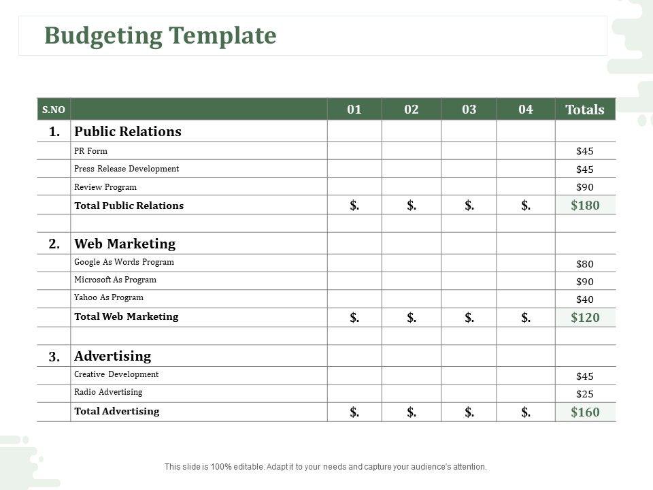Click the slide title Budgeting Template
[161, 35]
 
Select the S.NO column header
[53, 110]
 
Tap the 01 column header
[354, 110]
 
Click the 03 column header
[469, 110]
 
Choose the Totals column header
[585, 110]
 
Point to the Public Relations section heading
[128, 131]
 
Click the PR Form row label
[90, 151]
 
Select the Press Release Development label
[127, 169]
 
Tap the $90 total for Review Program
[585, 187]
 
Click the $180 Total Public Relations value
[585, 205]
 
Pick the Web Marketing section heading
[124, 244]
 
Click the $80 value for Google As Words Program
[585, 264]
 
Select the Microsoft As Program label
[115, 280]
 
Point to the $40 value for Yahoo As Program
[585, 299]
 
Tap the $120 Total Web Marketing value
[585, 317]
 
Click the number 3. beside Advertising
[54, 356]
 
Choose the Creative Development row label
[116, 374]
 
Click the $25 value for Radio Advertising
[585, 394]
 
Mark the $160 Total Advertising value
[585, 412]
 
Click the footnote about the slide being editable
[326, 467]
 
